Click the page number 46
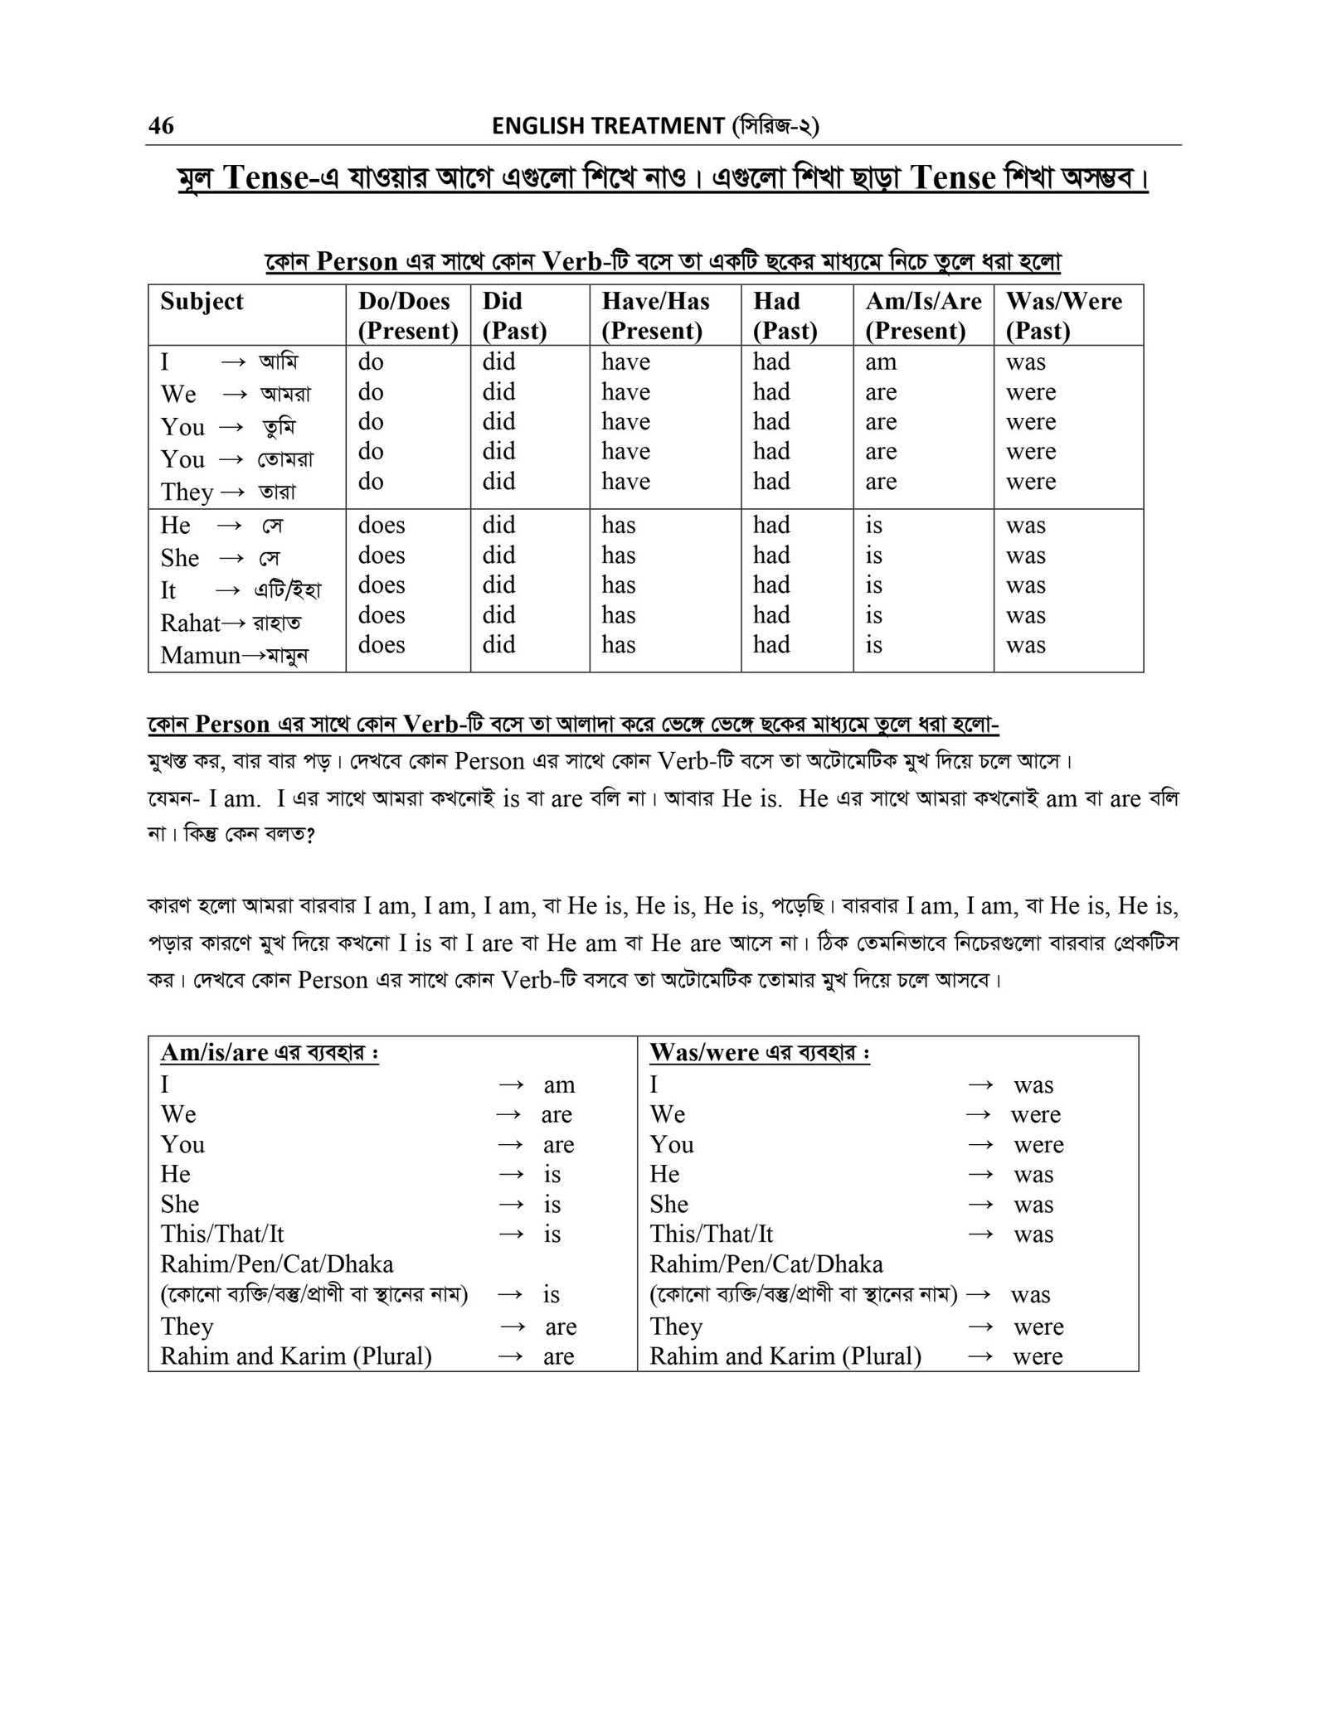(161, 125)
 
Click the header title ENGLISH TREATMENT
(608, 126)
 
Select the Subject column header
(202, 301)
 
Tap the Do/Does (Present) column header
(407, 315)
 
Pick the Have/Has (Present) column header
(655, 315)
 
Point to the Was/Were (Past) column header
(1063, 315)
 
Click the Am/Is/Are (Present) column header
(922, 315)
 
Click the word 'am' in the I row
(881, 361)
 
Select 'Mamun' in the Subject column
(200, 655)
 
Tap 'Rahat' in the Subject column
(190, 623)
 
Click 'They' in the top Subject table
(187, 492)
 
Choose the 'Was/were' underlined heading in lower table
(704, 1052)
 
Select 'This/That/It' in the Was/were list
(711, 1234)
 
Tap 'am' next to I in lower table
(559, 1084)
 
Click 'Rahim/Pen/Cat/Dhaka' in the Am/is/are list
(277, 1263)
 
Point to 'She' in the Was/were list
(668, 1204)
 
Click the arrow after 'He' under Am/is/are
(513, 1174)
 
